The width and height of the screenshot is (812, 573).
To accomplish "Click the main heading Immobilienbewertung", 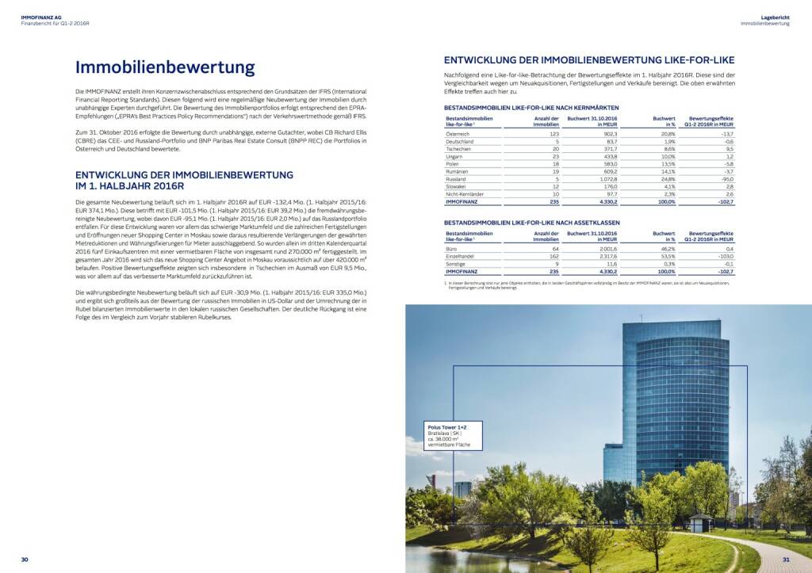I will click(x=164, y=68).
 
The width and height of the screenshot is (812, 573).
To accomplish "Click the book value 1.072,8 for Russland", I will click(x=603, y=179).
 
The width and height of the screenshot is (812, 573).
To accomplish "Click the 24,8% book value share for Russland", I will click(x=665, y=179).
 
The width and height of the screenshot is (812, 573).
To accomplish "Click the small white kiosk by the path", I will click(x=699, y=523).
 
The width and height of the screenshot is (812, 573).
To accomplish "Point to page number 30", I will click(x=25, y=560).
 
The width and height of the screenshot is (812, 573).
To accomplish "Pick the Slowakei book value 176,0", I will click(x=607, y=187).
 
